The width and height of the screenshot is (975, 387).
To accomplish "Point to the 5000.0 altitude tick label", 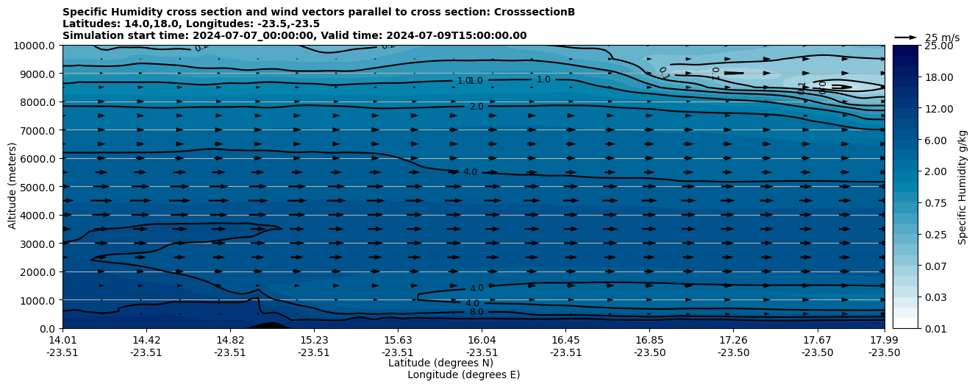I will [x=37, y=187].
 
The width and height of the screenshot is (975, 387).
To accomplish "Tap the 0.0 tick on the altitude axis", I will [x=48, y=328].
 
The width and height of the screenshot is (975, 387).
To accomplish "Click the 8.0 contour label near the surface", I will [x=476, y=312].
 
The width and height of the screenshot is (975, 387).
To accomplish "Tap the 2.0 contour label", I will [x=476, y=107].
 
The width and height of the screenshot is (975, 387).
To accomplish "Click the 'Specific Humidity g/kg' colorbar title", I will [x=963, y=187].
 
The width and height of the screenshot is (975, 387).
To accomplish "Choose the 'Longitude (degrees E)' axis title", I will [x=464, y=374].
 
